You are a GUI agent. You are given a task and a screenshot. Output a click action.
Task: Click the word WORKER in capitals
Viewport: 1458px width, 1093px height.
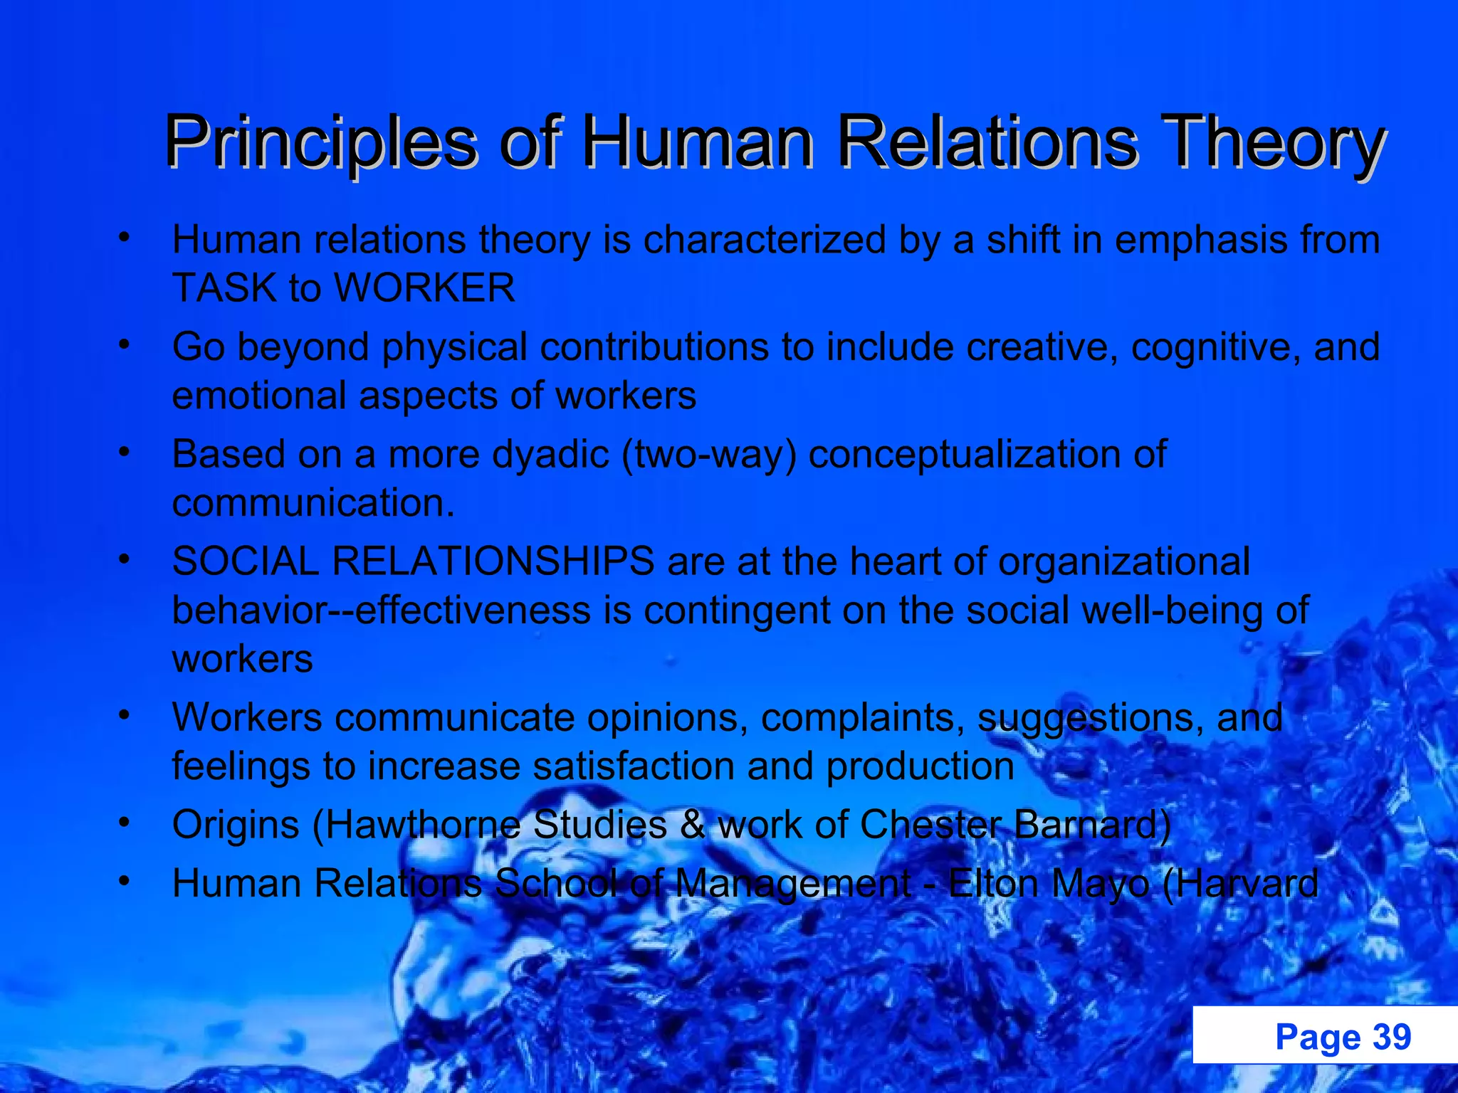coord(424,288)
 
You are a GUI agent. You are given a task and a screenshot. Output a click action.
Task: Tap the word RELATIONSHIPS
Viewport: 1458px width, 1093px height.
coord(493,561)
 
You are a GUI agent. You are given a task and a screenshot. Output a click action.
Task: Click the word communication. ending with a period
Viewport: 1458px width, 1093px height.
coord(313,503)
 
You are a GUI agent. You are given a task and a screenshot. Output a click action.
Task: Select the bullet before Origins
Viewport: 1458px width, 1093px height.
coord(125,823)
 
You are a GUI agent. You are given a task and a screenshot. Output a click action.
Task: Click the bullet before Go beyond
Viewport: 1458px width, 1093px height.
coord(125,345)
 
